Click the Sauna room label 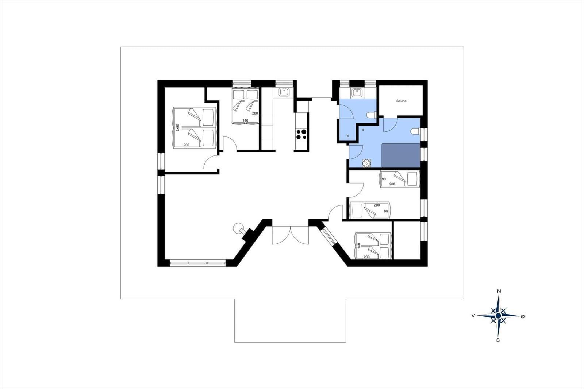(x=401, y=101)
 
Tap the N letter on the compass (x=499, y=291)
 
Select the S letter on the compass (x=498, y=340)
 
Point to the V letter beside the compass (x=473, y=316)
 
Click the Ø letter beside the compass (x=522, y=316)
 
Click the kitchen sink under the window (x=283, y=92)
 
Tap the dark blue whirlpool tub (x=401, y=155)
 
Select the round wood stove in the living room (x=238, y=228)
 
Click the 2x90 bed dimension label (x=178, y=127)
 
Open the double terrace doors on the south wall (x=291, y=235)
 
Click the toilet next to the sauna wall (x=371, y=115)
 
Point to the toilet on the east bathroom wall (x=415, y=131)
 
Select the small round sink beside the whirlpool (x=366, y=163)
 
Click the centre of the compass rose (x=498, y=316)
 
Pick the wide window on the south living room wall (x=197, y=263)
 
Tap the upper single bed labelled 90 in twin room (x=400, y=179)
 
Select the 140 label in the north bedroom (x=245, y=120)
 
